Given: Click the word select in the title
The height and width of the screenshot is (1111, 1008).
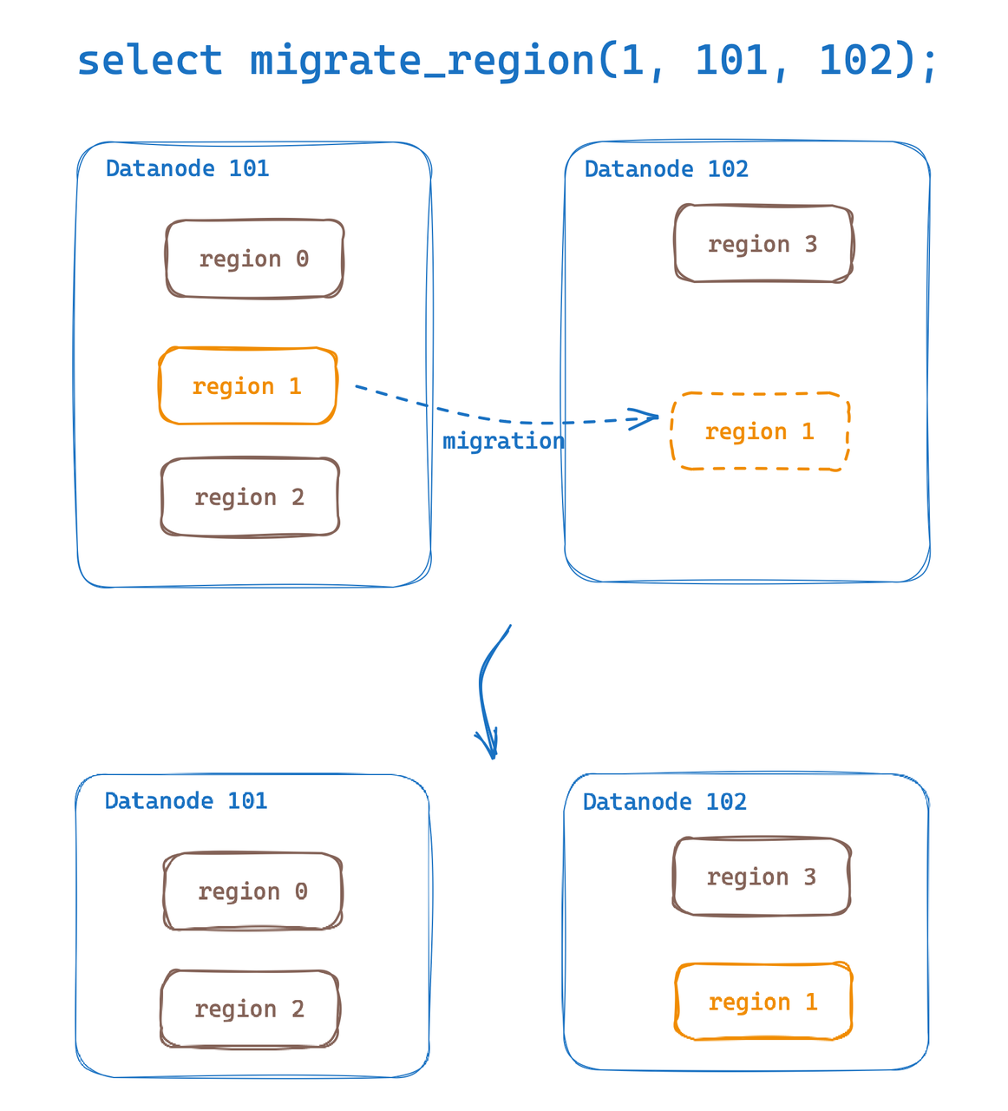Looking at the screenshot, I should pyautogui.click(x=149, y=61).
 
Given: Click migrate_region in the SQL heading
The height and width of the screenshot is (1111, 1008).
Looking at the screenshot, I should pyautogui.click(x=422, y=61).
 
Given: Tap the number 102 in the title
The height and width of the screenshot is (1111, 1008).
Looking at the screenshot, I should pyautogui.click(x=855, y=61).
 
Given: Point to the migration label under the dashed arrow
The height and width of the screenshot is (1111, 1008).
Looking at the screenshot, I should pyautogui.click(x=503, y=441).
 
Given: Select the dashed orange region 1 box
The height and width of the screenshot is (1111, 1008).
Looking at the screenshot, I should pyautogui.click(x=759, y=431).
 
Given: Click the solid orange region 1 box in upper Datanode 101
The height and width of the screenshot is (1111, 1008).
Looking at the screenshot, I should pyautogui.click(x=247, y=386).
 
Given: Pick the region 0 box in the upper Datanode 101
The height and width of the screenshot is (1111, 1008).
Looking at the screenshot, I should pyautogui.click(x=254, y=259).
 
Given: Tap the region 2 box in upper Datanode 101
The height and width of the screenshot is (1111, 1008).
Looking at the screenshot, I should pyautogui.click(x=250, y=497).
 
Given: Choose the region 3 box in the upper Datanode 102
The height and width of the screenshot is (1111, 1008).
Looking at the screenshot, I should pyautogui.click(x=763, y=244).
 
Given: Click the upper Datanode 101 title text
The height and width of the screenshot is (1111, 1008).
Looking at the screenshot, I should pyautogui.click(x=187, y=168).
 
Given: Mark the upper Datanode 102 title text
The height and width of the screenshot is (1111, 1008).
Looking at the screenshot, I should pyautogui.click(x=666, y=169).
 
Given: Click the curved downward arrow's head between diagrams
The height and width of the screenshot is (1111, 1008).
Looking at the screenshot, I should pyautogui.click(x=492, y=752).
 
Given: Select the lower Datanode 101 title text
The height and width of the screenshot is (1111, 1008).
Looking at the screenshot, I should pyautogui.click(x=186, y=801).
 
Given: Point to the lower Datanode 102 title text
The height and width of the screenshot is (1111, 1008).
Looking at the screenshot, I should pyautogui.click(x=664, y=802).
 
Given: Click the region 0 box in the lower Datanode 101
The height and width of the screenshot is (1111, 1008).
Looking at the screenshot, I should pyautogui.click(x=252, y=891).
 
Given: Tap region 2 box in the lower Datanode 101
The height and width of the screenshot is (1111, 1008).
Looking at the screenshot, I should pyautogui.click(x=250, y=1009).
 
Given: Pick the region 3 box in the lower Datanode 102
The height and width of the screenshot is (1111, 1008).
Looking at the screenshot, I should pyautogui.click(x=762, y=877).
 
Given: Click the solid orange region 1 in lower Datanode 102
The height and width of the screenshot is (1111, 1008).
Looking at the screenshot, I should pyautogui.click(x=763, y=1002).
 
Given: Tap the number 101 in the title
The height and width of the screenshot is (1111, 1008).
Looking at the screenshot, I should pyautogui.click(x=732, y=61).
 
